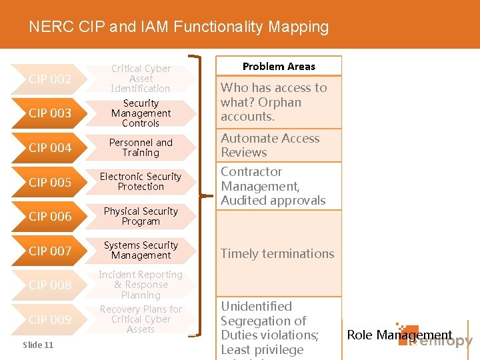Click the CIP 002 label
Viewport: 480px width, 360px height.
50,79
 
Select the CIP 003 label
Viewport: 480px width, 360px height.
50,113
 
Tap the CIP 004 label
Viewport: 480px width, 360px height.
50,148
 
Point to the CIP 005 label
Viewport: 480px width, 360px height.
50,182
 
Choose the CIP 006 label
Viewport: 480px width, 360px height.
50,217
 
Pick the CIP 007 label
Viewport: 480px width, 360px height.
50,251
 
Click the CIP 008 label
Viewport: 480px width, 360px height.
50,285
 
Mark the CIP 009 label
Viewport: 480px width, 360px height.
50,320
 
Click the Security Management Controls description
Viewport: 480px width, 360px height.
141,113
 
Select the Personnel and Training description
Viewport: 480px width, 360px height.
141,148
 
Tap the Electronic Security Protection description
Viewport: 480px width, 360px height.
141,182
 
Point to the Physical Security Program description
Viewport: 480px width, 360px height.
141,217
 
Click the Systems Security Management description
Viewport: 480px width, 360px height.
141,251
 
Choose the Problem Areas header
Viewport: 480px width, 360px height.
279,67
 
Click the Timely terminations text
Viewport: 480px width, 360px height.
277,254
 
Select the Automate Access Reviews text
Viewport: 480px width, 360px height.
270,145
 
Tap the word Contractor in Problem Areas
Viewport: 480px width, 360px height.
251,172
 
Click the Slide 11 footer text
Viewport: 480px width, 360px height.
38,345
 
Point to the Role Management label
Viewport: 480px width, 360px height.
399,335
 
